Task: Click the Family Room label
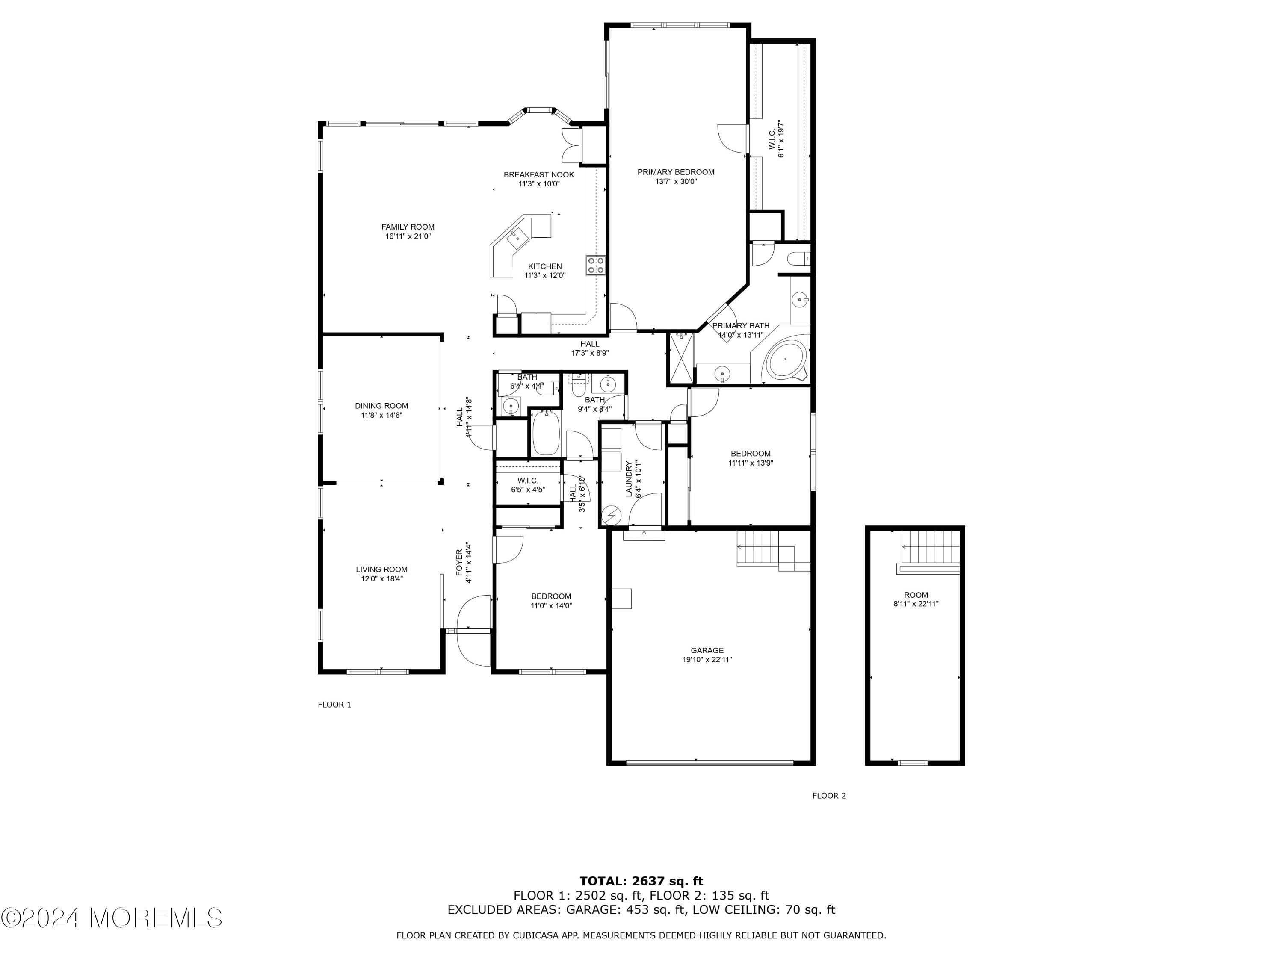(x=408, y=227)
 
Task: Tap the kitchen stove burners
(x=595, y=265)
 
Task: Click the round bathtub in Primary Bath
(x=786, y=360)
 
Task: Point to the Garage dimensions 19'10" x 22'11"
(x=707, y=659)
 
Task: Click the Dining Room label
(x=381, y=406)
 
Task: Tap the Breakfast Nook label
(x=538, y=174)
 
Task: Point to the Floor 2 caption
(x=829, y=796)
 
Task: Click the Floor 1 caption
(x=335, y=705)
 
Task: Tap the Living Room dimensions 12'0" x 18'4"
(x=381, y=579)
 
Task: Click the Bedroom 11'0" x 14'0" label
(x=551, y=596)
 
